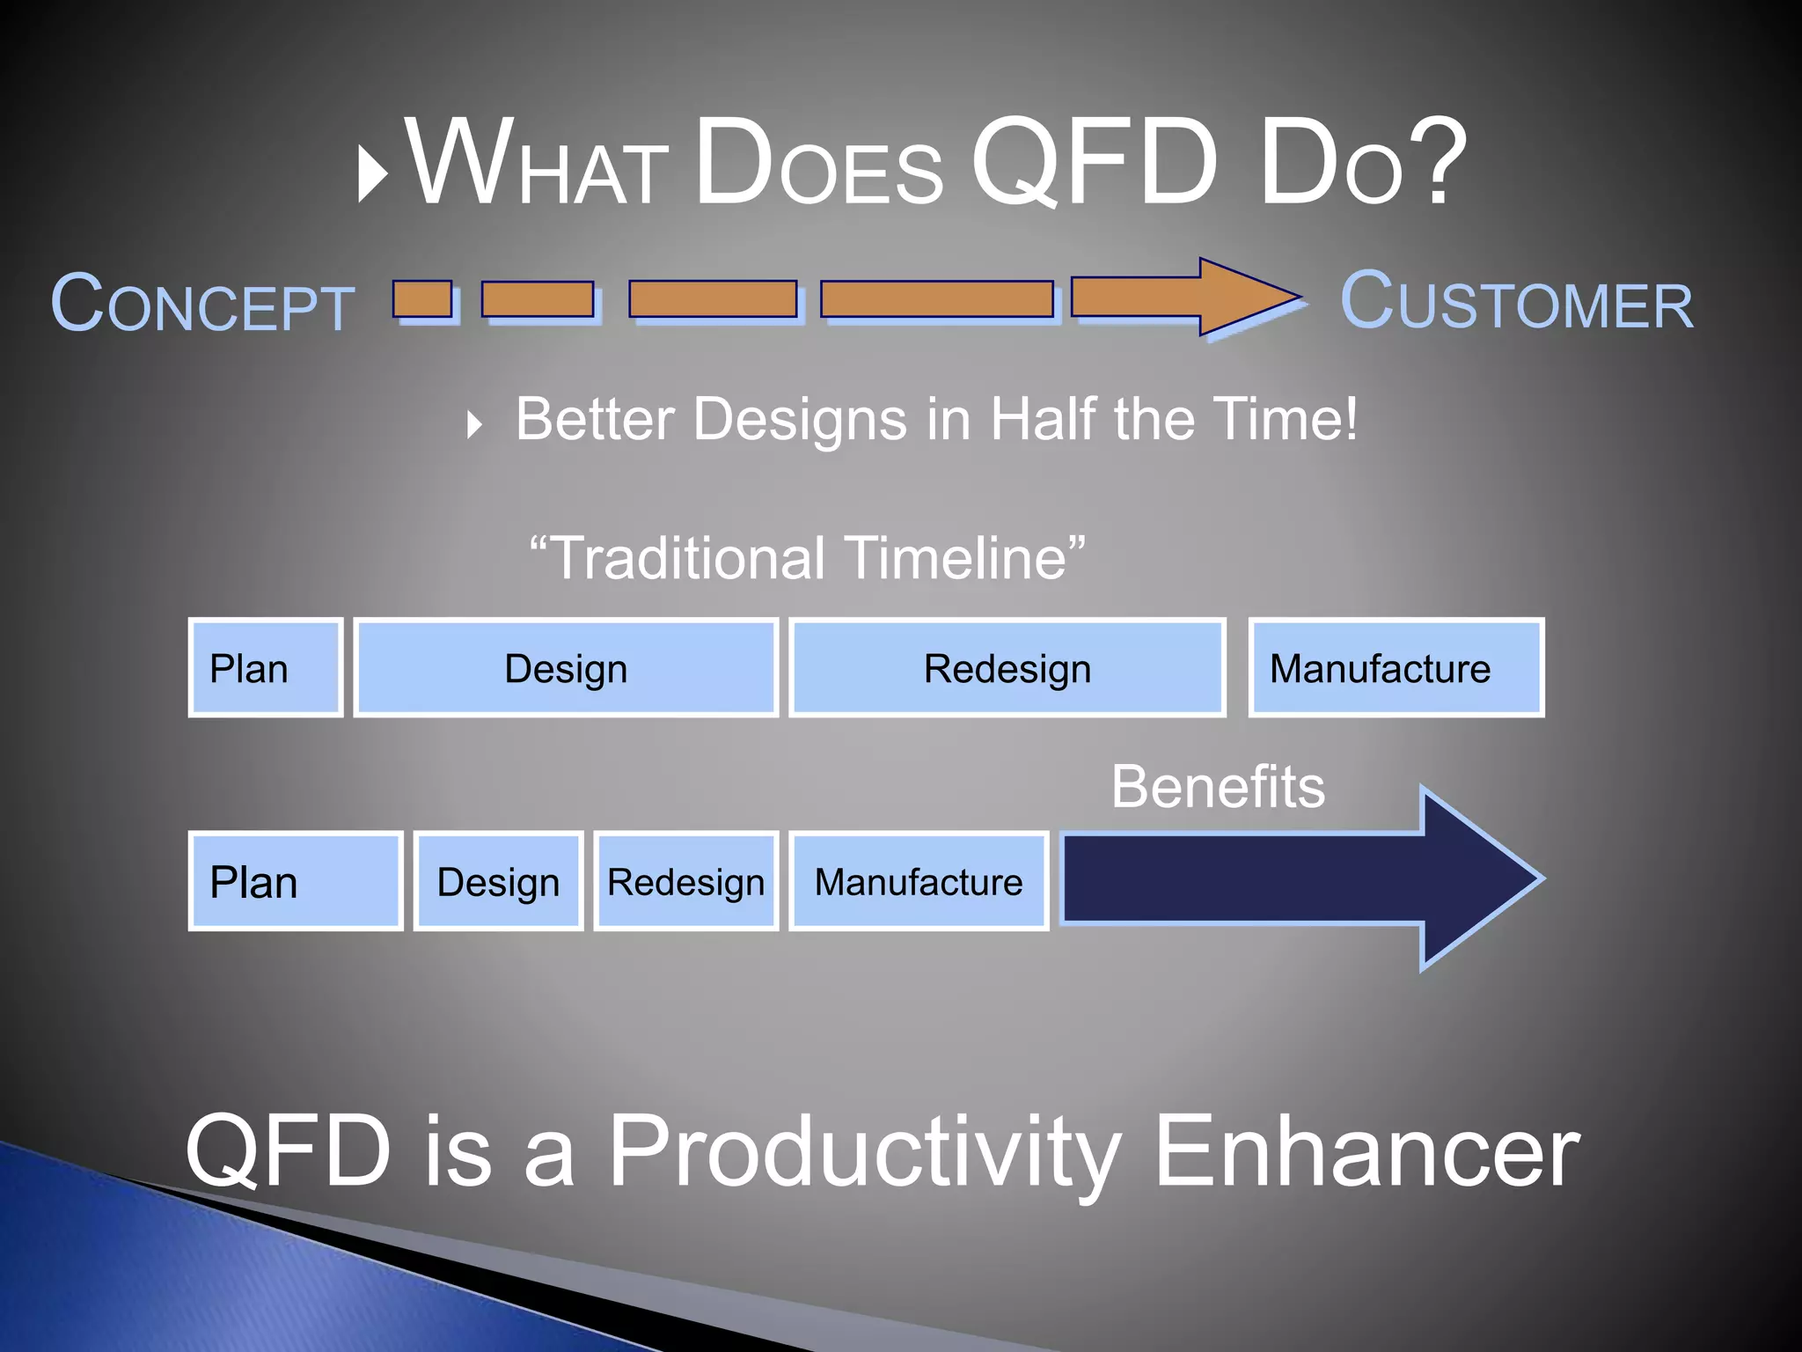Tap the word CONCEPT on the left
coord(202,304)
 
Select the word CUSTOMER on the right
coord(1516,302)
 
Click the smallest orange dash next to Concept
coord(422,299)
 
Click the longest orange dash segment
coord(937,299)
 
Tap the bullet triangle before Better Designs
coord(475,424)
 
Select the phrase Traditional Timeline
coord(807,558)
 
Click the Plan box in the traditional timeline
coord(265,668)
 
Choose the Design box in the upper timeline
coord(566,668)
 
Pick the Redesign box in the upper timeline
coord(1007,668)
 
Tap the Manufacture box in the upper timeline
coord(1396,668)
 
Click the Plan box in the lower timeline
coord(296,881)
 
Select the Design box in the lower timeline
coord(498,881)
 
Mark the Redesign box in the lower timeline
coord(686,881)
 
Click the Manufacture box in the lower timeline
coord(919,881)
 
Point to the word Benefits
coord(1218,786)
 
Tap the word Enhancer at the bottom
coord(1366,1150)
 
